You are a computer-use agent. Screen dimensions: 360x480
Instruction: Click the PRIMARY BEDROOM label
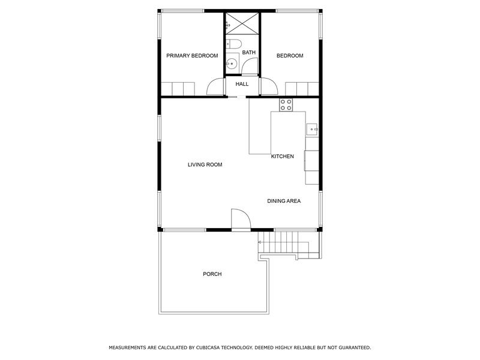(192, 56)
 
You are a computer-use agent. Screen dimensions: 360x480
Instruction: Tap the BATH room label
(249, 53)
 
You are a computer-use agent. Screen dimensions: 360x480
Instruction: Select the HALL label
(242, 84)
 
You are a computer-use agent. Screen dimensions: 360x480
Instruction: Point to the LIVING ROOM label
(205, 164)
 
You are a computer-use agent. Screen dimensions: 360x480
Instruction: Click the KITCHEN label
(283, 157)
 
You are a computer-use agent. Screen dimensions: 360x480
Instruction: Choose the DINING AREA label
(284, 201)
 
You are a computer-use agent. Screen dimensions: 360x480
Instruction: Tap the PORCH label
(212, 274)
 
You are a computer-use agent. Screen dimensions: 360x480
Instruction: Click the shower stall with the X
(242, 24)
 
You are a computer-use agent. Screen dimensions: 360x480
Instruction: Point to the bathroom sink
(232, 63)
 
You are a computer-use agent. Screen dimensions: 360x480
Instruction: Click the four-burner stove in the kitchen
(286, 105)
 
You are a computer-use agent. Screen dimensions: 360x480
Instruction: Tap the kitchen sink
(312, 128)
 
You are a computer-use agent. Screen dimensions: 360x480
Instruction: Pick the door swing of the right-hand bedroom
(269, 88)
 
